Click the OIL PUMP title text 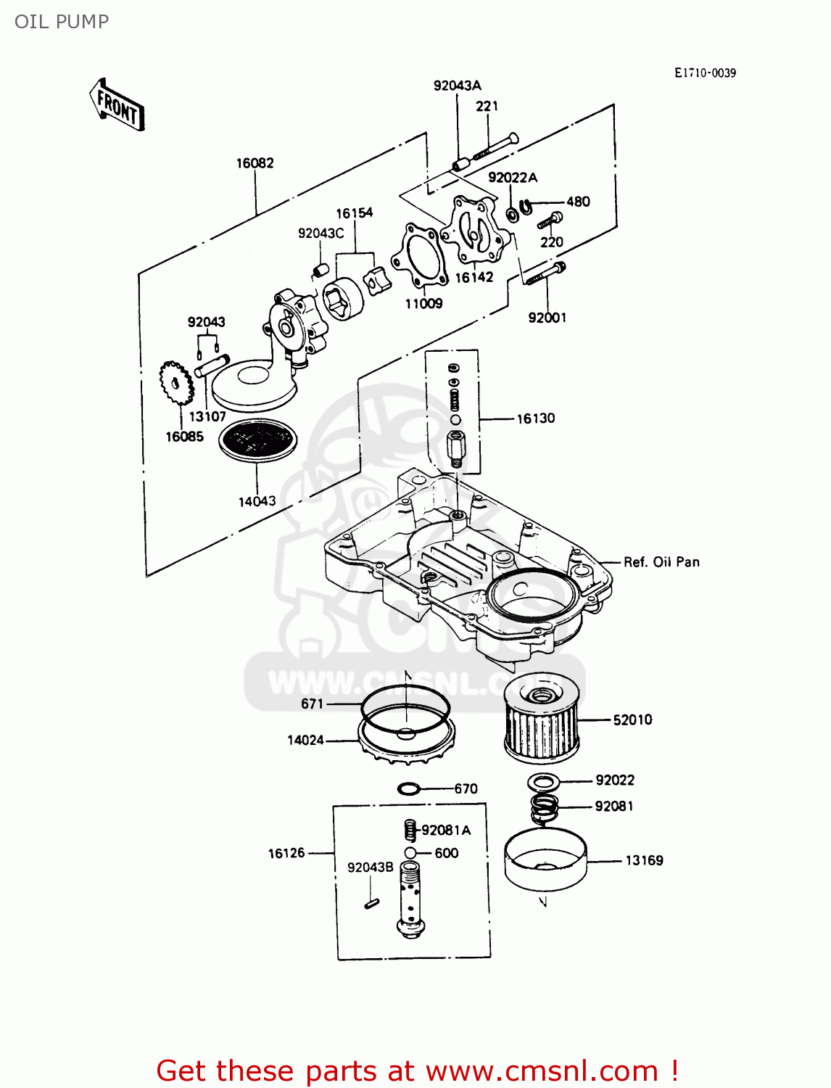coord(62,22)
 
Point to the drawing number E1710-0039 coord(705,73)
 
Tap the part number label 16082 coord(255,163)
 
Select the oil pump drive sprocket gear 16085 coord(176,384)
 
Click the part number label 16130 coord(535,419)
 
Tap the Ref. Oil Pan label coord(661,562)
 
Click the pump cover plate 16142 coord(476,231)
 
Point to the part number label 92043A coord(457,86)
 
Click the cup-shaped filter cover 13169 coord(545,860)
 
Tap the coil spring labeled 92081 coord(545,807)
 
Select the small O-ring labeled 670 coord(409,788)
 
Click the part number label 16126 coord(286,854)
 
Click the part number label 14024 coord(305,741)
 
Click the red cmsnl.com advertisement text coord(417,1071)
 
